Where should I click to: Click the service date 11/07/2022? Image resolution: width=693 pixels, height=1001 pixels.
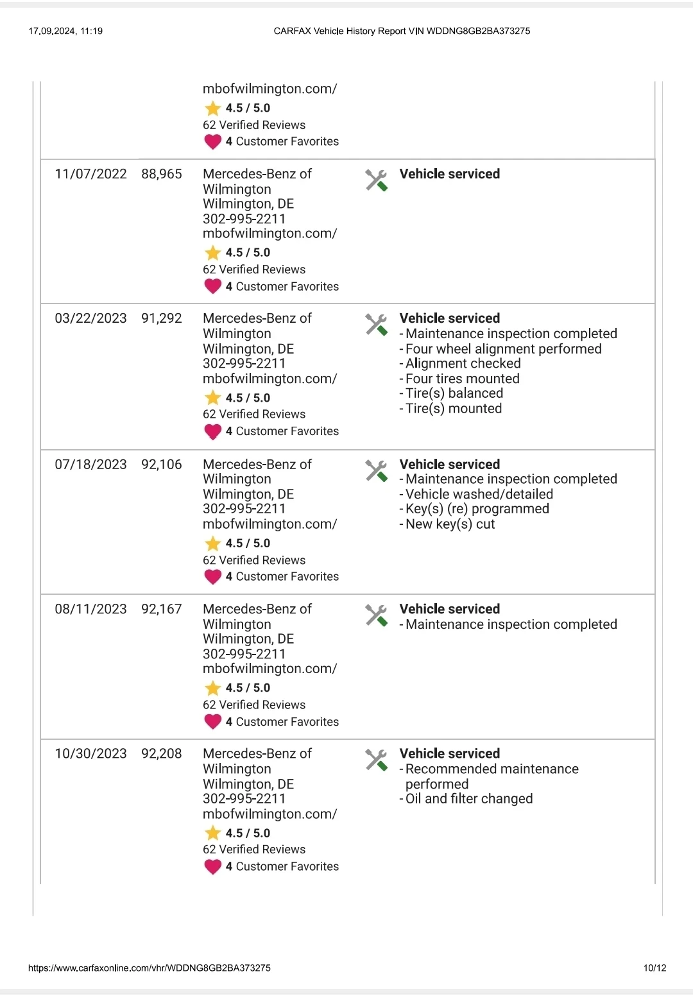coord(90,174)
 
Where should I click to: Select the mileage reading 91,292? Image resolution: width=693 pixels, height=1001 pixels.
coord(162,318)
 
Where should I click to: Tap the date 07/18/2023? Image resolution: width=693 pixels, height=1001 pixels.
coord(90,464)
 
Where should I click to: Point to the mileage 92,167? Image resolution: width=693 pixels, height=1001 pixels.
coord(162,609)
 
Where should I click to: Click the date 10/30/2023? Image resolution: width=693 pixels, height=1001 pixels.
coord(90,753)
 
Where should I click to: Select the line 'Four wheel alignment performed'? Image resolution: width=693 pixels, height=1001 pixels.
coord(504,349)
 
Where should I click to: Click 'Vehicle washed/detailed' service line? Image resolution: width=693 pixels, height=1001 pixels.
coord(479,494)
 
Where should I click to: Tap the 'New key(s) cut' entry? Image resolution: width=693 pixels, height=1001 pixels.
coord(450,524)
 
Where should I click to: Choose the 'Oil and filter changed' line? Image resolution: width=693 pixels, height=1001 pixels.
coord(469,799)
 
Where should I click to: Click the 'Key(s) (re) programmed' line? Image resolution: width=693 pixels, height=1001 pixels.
coord(477,509)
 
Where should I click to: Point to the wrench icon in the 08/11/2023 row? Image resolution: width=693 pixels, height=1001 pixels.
coord(377,615)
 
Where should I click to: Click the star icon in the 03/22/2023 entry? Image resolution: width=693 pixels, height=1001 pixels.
coord(212,398)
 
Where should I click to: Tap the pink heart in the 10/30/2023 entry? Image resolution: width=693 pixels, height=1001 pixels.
coord(212,867)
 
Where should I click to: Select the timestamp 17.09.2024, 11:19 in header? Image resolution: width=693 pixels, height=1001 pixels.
coord(65,31)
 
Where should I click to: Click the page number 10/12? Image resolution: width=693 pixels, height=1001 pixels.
coord(654,968)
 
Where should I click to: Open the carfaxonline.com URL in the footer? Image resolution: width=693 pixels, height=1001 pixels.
coord(150,968)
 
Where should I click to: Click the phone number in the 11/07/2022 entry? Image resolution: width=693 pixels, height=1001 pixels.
coord(244,219)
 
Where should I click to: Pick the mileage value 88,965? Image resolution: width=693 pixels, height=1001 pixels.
coord(162,174)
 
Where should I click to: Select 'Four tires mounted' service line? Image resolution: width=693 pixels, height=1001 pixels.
coord(463,379)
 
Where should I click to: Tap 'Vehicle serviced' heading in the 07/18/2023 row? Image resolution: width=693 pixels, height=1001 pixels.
coord(450,464)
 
